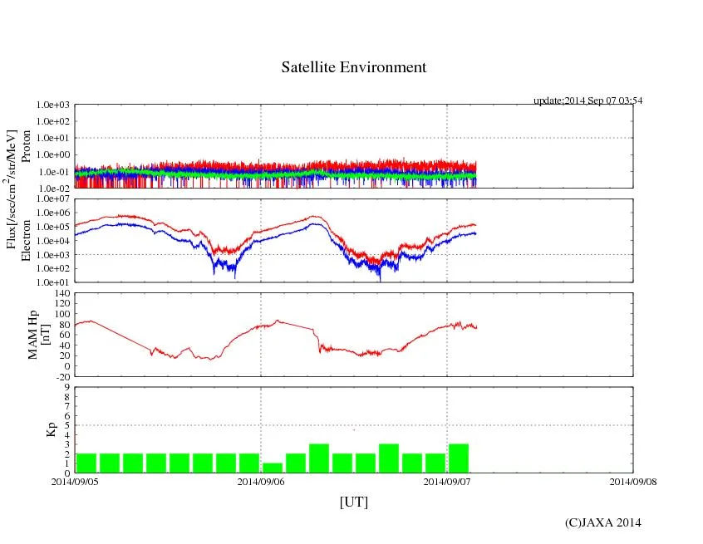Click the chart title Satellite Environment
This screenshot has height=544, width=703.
coord(354,67)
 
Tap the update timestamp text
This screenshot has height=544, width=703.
coord(587,100)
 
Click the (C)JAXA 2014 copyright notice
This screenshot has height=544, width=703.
coord(602,522)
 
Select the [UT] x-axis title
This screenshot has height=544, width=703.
coord(354,502)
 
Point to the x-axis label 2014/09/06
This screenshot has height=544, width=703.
coord(261,481)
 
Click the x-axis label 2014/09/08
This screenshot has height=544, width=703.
coord(633,481)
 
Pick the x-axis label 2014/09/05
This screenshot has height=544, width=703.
coord(75,481)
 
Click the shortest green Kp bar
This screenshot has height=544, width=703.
coord(273,468)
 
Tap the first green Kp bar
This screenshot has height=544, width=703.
coord(86,463)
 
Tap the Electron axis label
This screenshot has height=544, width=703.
coord(25,241)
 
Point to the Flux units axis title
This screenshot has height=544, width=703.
coord(12,189)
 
